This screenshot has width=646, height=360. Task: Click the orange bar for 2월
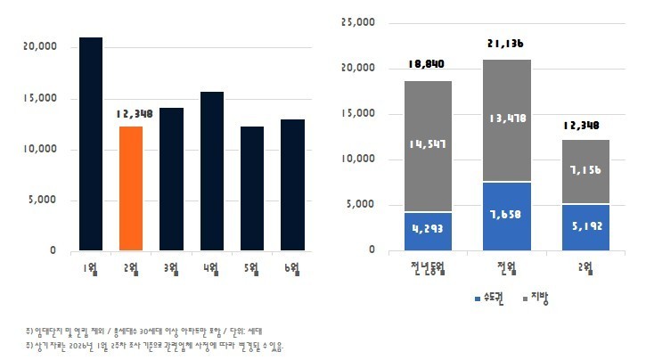pos(131,188)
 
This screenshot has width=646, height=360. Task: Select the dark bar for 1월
pos(91,143)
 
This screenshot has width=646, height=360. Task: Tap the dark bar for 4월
pos(212,170)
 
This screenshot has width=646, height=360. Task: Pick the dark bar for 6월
pos(292,184)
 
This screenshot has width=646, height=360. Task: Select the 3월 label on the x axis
pos(170,267)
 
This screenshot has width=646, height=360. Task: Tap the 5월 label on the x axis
pos(252,267)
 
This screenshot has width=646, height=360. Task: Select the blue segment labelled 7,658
pos(506,216)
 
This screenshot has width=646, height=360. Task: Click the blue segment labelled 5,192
pos(585,226)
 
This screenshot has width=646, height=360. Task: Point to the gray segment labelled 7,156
pos(585,171)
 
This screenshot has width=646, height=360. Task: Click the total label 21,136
pos(506,44)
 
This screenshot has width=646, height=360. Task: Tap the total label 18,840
pos(427,64)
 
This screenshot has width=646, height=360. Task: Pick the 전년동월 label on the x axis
pos(428,267)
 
